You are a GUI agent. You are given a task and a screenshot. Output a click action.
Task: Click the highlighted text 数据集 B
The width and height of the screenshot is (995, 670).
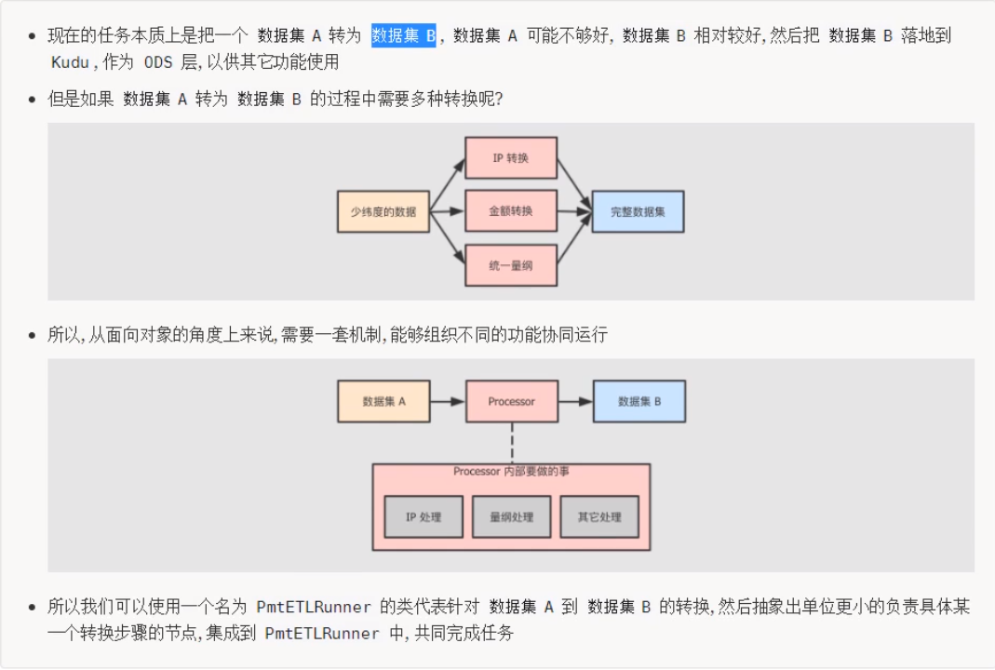403,36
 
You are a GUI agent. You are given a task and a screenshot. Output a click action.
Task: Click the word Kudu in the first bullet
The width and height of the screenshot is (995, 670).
72,62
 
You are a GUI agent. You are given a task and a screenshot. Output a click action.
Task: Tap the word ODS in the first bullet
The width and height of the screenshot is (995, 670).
158,62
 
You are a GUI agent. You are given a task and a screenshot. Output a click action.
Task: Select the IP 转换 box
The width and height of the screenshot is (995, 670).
510,158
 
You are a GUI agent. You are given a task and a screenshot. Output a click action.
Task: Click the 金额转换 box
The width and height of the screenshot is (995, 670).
510,211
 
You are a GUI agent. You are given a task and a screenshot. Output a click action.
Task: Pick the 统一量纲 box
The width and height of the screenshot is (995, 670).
510,265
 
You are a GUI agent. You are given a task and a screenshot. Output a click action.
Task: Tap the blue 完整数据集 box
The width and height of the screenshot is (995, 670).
639,211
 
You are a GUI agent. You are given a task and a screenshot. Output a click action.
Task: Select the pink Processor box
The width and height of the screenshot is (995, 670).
511,401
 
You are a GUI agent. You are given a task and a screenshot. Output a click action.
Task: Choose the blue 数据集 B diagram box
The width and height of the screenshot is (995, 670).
639,401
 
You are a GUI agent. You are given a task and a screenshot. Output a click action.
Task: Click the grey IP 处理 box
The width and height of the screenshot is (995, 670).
424,517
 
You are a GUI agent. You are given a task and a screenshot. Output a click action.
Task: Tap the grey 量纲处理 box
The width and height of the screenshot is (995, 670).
511,517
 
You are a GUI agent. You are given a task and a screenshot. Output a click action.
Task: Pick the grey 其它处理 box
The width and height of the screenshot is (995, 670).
598,517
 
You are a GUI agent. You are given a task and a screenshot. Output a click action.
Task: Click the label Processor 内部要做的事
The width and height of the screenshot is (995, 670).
511,472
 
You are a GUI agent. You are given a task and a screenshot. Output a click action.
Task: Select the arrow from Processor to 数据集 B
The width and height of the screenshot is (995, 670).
575,401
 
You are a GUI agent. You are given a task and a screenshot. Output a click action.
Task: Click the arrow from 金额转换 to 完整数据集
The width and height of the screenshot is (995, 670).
574,212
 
